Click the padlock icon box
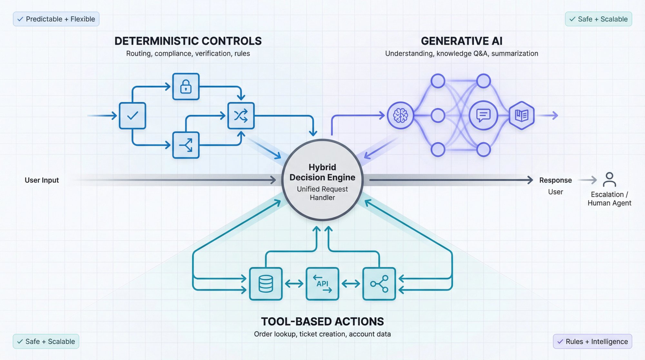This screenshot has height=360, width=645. (x=186, y=86)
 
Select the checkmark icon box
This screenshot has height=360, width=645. (x=133, y=115)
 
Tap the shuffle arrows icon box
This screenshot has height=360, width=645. (x=241, y=115)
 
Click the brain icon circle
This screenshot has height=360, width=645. (x=400, y=115)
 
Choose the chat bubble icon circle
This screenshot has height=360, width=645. (x=483, y=115)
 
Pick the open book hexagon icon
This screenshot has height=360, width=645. (x=521, y=115)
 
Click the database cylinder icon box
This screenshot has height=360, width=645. (x=266, y=284)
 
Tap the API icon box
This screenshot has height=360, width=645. (x=322, y=284)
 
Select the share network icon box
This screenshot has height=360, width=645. (x=379, y=284)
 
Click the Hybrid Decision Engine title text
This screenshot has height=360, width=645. (x=322, y=172)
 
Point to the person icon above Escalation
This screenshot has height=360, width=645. (x=609, y=179)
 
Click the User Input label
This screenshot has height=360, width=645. (x=42, y=180)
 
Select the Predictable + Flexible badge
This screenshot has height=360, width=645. (x=56, y=19)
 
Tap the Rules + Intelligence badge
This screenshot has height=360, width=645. (x=592, y=341)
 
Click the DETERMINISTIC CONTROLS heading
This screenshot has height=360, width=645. (x=188, y=41)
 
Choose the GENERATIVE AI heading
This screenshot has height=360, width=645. (x=461, y=41)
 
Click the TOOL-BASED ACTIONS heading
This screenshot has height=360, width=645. (x=322, y=321)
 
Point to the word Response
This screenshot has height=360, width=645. (x=555, y=180)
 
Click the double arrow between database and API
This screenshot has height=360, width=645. (x=294, y=284)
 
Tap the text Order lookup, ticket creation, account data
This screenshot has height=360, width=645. (x=322, y=334)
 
